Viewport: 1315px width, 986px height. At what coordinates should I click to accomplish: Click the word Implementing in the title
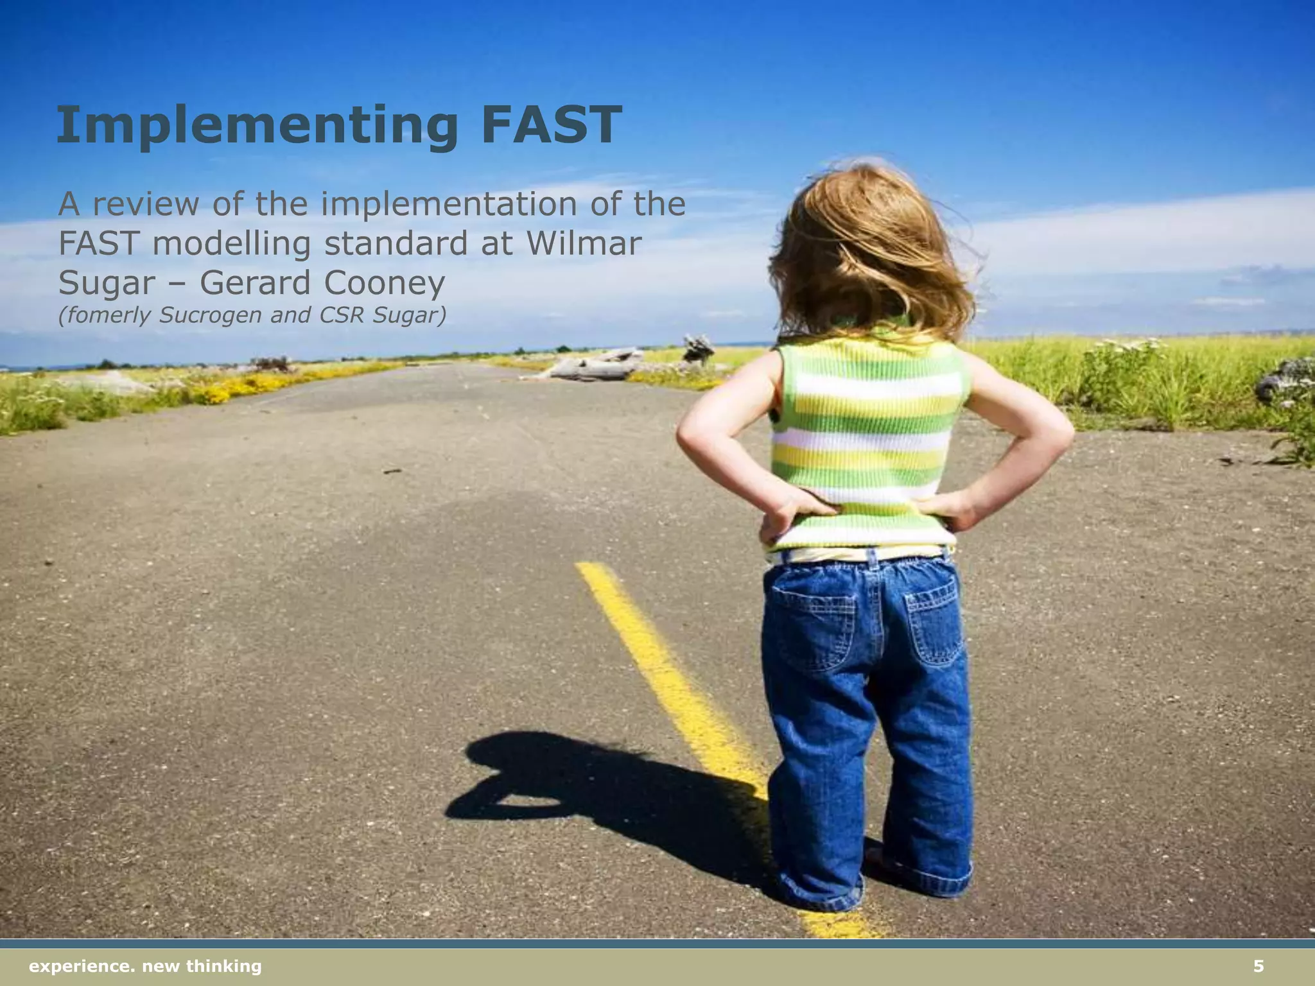click(257, 126)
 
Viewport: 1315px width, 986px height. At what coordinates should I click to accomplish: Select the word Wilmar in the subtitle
click(584, 243)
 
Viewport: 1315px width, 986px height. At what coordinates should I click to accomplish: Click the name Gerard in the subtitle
click(258, 283)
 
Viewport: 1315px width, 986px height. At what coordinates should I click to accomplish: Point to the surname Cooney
click(384, 283)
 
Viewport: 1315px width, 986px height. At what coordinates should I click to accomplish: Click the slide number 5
click(1258, 966)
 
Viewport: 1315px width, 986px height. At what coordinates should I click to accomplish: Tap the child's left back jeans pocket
click(813, 626)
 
